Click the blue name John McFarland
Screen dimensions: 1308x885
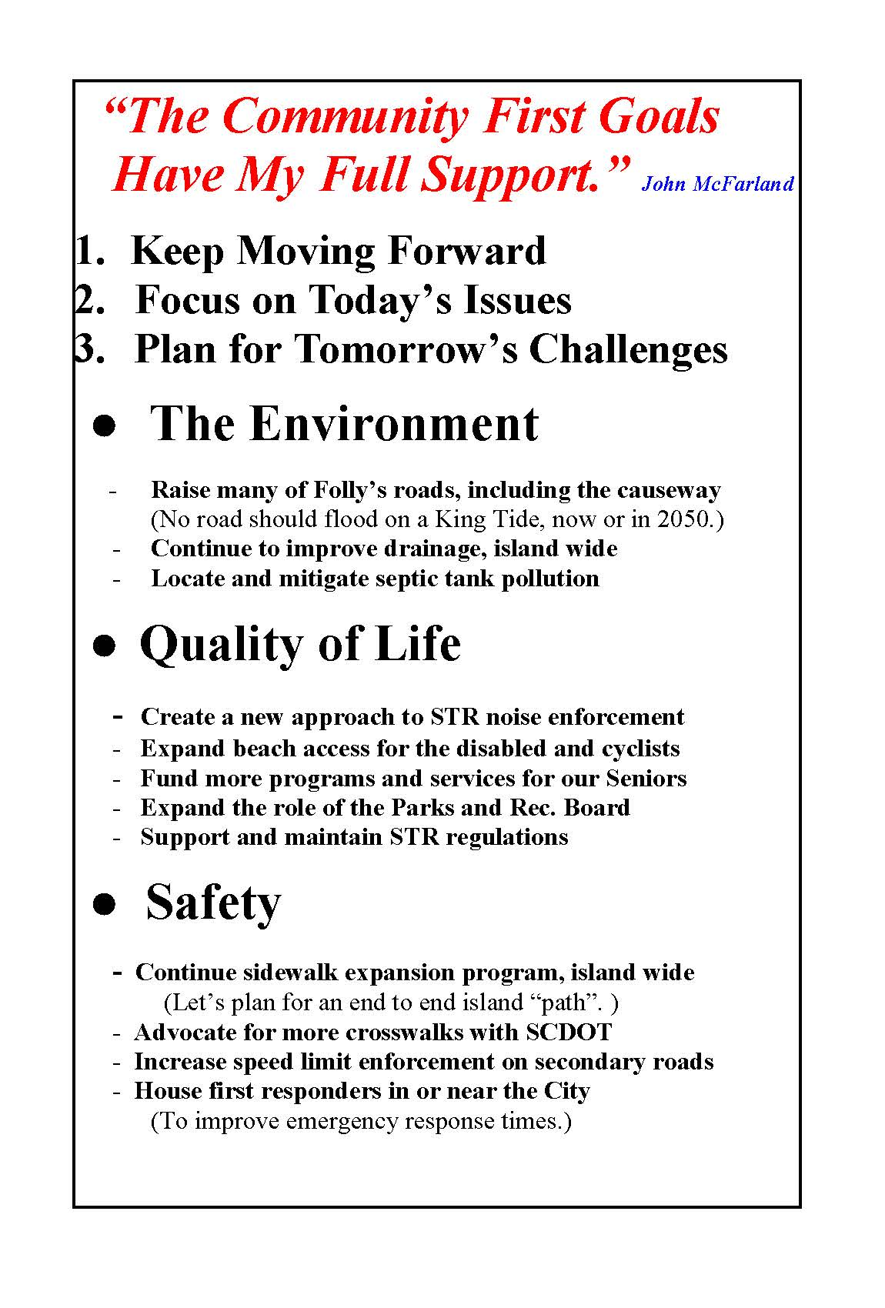(x=716, y=184)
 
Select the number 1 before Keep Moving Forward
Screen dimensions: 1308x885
(x=84, y=251)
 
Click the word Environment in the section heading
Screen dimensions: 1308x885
(x=394, y=423)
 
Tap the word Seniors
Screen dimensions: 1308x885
(x=646, y=778)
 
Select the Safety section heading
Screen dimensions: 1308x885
(x=213, y=903)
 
